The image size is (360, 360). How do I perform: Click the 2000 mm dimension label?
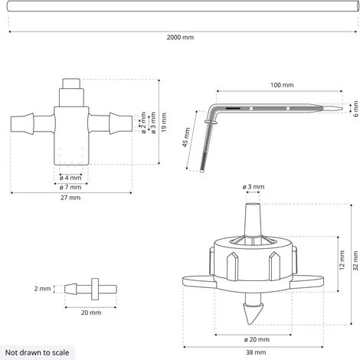180,38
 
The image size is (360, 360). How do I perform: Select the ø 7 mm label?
74,186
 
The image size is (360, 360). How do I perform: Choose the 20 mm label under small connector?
90,313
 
